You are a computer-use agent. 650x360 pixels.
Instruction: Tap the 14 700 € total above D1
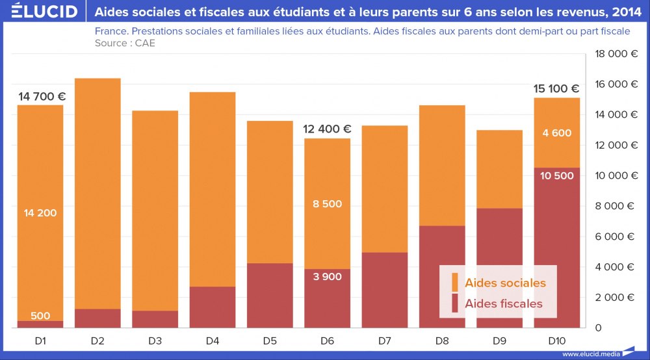click(42, 97)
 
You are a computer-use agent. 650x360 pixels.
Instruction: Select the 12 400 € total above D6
click(327, 129)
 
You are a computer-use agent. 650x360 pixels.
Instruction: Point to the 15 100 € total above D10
click(556, 89)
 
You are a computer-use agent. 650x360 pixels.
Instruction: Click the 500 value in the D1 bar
click(40, 316)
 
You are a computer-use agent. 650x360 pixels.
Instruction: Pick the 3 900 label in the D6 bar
click(327, 276)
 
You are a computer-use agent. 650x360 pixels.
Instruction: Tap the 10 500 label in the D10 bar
click(556, 176)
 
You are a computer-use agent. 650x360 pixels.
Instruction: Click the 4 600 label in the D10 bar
click(556, 133)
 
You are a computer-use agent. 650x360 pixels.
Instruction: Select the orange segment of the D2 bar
click(97, 195)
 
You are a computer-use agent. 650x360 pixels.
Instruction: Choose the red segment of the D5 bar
click(270, 296)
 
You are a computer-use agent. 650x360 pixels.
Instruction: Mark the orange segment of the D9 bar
click(499, 169)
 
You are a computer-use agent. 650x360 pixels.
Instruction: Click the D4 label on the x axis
click(213, 341)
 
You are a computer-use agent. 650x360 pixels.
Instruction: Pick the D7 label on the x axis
click(384, 341)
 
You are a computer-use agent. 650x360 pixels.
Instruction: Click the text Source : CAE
click(125, 43)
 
